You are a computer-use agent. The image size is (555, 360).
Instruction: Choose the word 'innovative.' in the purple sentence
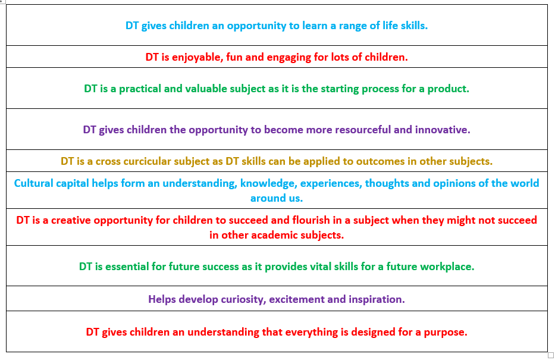pyautogui.click(x=443, y=130)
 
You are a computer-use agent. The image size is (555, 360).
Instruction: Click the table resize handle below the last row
pyautogui.click(x=550, y=355)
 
